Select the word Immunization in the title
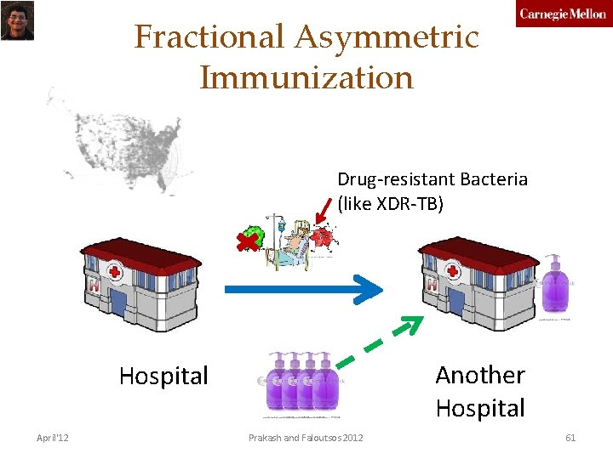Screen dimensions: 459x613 [306, 77]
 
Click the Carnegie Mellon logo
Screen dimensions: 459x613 [563, 14]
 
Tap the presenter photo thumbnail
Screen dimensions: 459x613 [16, 20]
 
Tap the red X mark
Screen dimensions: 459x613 [249, 243]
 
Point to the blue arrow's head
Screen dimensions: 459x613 [367, 290]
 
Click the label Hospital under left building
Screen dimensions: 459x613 [163, 376]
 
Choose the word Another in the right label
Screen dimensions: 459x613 [480, 375]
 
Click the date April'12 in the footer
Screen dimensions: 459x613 [53, 438]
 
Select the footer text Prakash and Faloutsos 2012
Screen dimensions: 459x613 [306, 438]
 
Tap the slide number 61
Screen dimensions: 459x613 [570, 438]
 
